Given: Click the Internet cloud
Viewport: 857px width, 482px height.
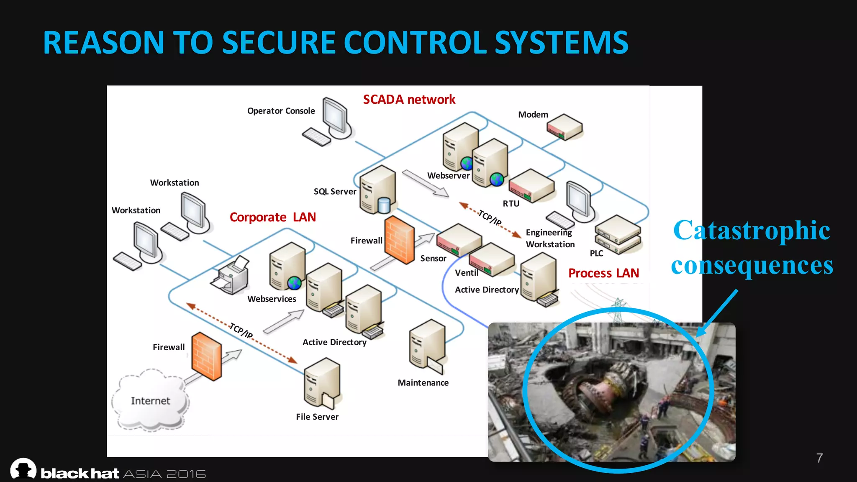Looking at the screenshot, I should pos(150,400).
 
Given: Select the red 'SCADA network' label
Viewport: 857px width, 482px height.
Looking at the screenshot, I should pos(409,100).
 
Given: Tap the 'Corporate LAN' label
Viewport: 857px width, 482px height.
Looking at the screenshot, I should pos(272,217).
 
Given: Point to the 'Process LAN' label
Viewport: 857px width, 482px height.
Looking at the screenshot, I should pos(603,273).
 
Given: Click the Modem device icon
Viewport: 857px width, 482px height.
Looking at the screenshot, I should pos(564,127).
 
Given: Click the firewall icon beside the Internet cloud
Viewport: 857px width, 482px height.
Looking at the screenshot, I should pos(206,356).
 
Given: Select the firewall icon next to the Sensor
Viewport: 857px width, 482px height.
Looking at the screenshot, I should pos(399,240).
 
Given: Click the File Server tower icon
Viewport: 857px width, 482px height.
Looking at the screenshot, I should pos(322,382).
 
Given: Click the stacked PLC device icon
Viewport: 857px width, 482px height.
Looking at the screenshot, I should pos(618,235).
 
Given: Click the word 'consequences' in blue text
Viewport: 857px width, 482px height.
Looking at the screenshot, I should pos(752,265).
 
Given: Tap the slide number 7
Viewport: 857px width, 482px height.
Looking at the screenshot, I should pos(819,458).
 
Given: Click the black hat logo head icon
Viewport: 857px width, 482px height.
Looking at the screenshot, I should pos(23,469).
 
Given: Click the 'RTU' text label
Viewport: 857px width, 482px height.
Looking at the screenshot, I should pos(511,204).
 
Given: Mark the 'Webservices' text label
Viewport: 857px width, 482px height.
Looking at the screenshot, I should pos(272,299).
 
